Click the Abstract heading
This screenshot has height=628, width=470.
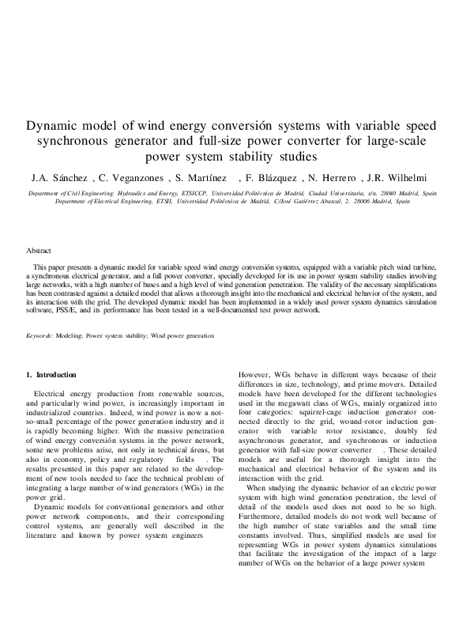[39, 250]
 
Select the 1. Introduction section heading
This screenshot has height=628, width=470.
[51, 374]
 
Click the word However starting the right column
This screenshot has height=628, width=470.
[254, 374]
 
